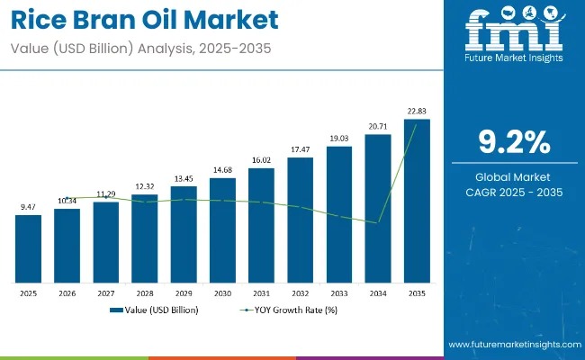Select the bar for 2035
point(417,199)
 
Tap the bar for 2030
point(222,228)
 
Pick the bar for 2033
point(339,212)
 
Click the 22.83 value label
point(417,111)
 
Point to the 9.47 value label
point(28,207)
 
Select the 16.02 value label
point(261,159)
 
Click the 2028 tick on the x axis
point(145,292)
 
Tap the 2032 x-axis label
point(301,292)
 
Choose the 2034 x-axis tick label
point(378,292)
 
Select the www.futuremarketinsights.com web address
point(511,346)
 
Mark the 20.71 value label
point(378,126)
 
